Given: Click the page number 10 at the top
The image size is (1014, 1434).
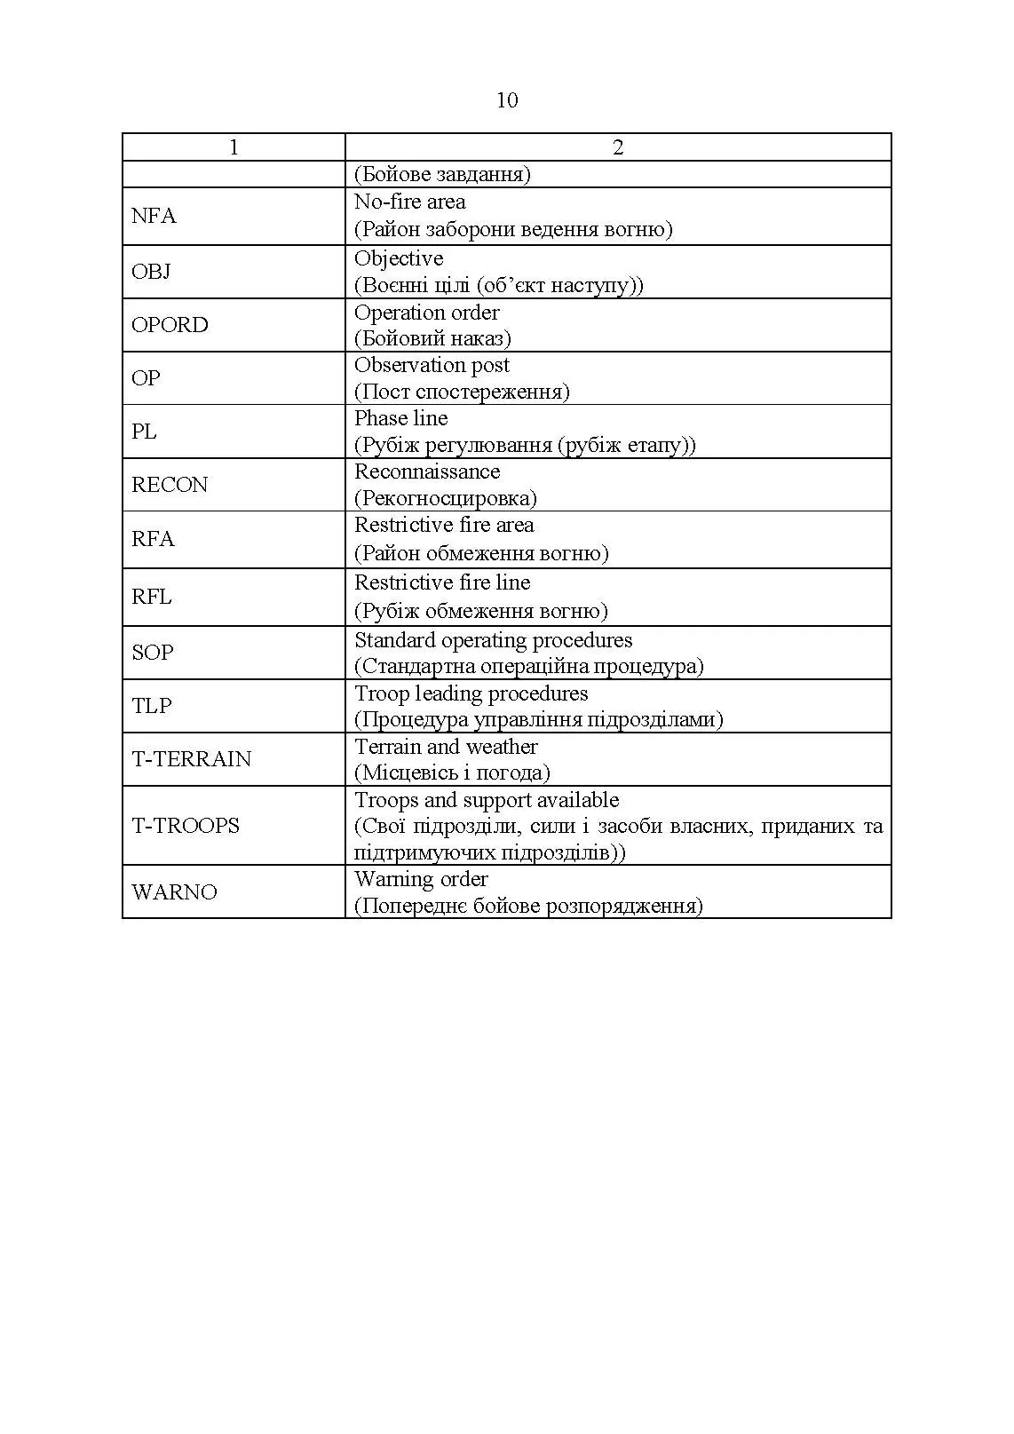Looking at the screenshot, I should click(506, 100).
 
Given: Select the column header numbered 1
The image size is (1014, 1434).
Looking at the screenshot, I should click(234, 147).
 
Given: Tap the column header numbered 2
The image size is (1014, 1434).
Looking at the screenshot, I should click(618, 147).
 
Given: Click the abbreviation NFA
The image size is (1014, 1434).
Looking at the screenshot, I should click(154, 216).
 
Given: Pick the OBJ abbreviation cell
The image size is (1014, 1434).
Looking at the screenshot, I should click(151, 272).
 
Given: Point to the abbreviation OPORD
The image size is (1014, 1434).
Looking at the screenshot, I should click(170, 325).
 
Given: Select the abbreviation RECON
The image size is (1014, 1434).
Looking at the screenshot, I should click(170, 485).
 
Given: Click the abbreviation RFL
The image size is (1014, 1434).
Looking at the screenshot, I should click(152, 597).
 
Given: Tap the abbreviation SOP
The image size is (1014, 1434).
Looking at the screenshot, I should click(153, 653).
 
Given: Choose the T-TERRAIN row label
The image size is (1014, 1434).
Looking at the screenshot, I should click(192, 759).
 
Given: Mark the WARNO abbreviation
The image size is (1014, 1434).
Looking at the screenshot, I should click(174, 892).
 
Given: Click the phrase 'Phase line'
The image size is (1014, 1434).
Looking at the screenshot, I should click(401, 418).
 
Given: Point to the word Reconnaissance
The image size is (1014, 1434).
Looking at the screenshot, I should click(427, 471).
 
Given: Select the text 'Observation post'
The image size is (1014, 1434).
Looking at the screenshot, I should click(432, 365).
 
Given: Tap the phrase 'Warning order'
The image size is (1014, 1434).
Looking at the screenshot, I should click(421, 879).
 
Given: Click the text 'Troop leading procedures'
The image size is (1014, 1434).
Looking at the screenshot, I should click(471, 693).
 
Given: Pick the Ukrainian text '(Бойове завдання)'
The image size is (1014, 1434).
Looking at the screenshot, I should click(442, 174).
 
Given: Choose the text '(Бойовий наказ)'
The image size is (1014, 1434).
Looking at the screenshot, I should click(432, 338).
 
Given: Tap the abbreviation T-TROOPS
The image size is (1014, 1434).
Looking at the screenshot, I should click(186, 826).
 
